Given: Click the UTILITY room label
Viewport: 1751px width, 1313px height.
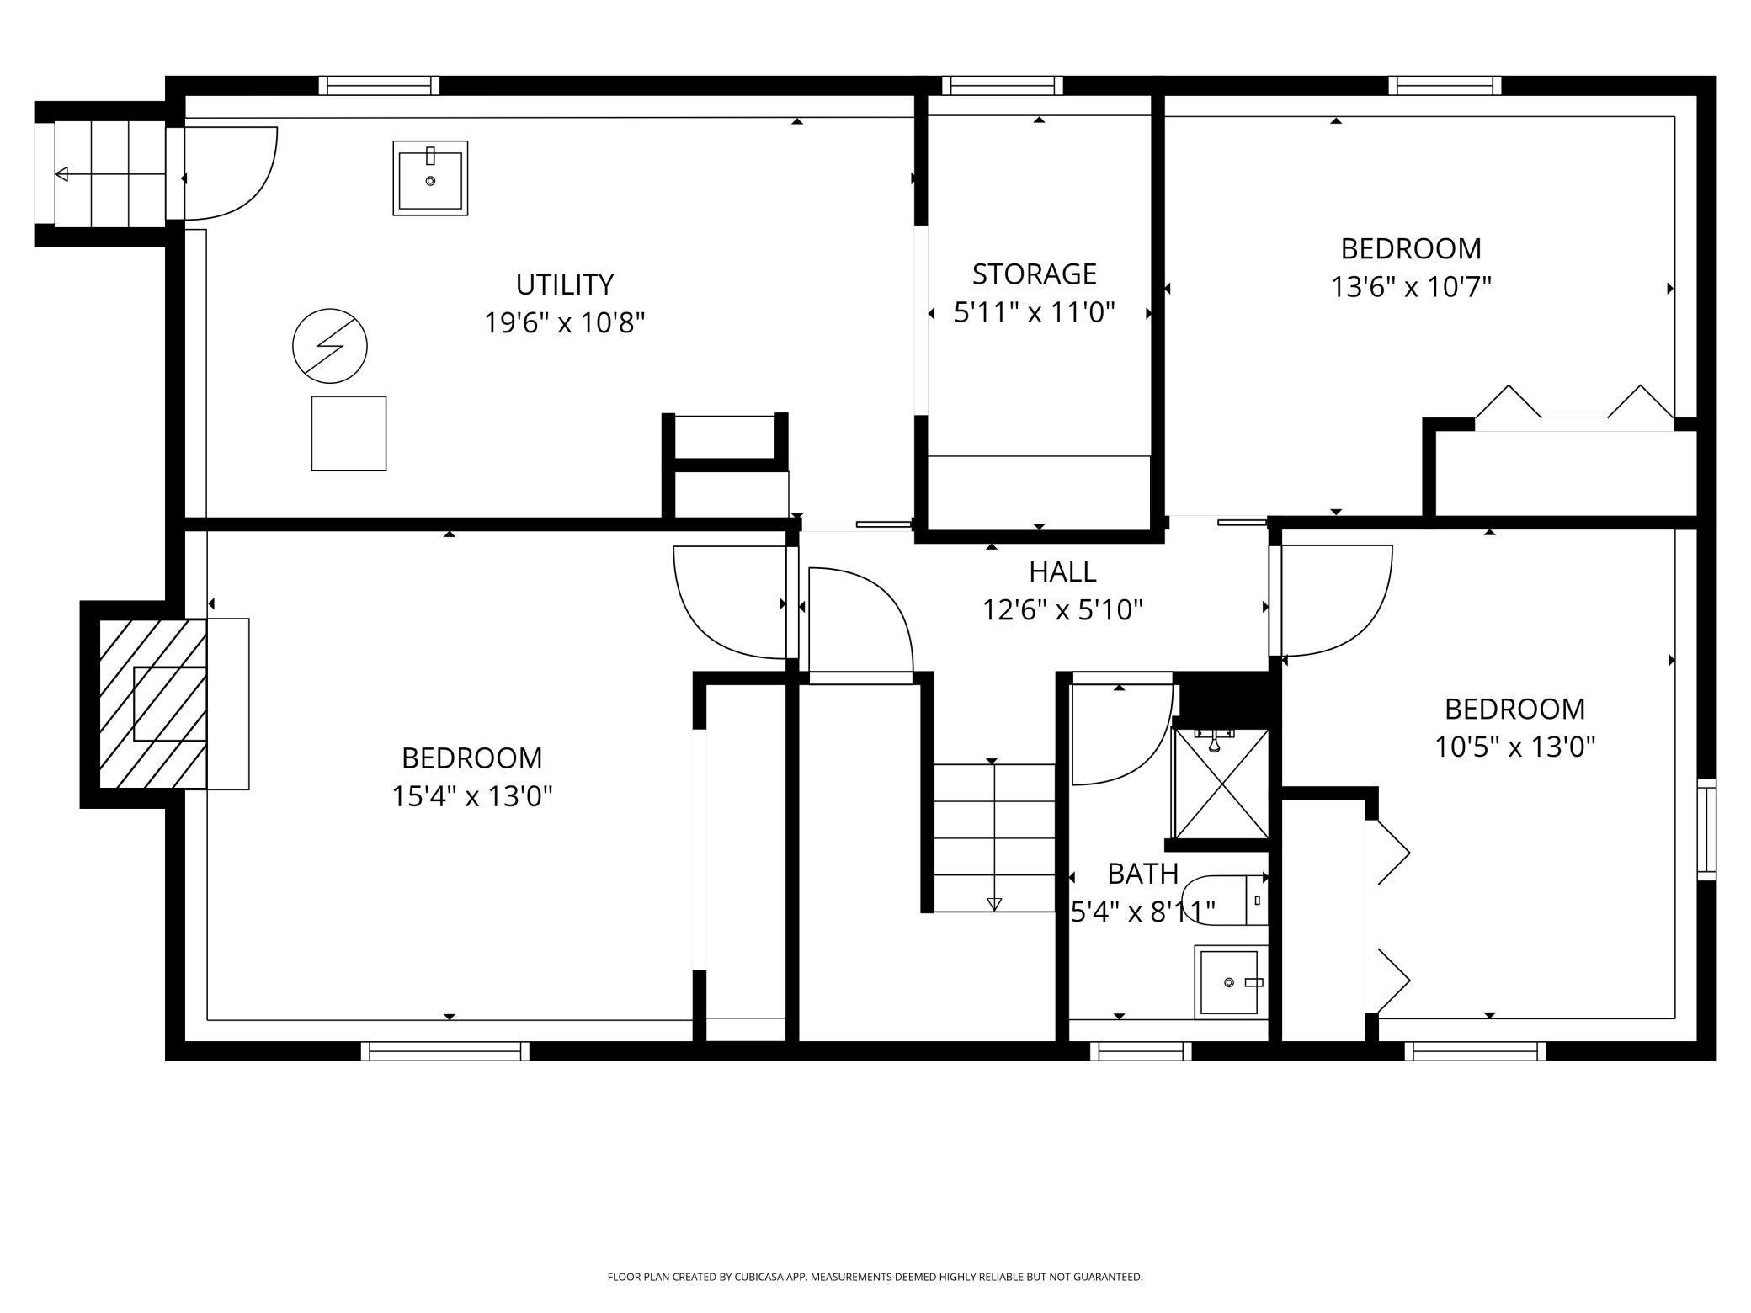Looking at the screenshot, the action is coord(564,284).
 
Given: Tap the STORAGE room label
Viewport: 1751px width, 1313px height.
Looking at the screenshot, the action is coord(1035,274).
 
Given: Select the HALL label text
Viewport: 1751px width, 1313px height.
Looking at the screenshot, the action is coord(1062,572).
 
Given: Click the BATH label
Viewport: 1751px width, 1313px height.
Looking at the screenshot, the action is coord(1142,874).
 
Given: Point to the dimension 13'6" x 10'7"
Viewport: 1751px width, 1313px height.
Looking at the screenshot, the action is coord(1411,287).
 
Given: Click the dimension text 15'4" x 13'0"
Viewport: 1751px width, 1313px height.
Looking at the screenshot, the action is coord(471,796).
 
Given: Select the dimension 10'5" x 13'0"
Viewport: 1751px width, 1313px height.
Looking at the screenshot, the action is coord(1514,747).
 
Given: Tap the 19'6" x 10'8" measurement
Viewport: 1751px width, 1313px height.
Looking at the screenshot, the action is coord(564,322).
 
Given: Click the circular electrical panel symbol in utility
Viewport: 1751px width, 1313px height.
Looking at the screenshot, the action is coord(330,346).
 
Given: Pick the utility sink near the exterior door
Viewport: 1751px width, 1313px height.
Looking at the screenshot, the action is coord(430,178).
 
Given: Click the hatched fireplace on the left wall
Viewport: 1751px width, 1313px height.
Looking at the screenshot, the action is coord(153,704).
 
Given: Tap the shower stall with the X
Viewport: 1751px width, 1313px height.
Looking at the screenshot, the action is coord(1221,784).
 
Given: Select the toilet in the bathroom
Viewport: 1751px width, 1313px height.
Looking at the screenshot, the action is coord(1225,901).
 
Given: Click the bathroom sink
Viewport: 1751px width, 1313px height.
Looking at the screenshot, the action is coord(1231,981).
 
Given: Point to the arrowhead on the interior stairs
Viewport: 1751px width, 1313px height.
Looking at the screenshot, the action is coord(994,904).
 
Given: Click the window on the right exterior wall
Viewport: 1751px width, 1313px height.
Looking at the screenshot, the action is coord(1706,830).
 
